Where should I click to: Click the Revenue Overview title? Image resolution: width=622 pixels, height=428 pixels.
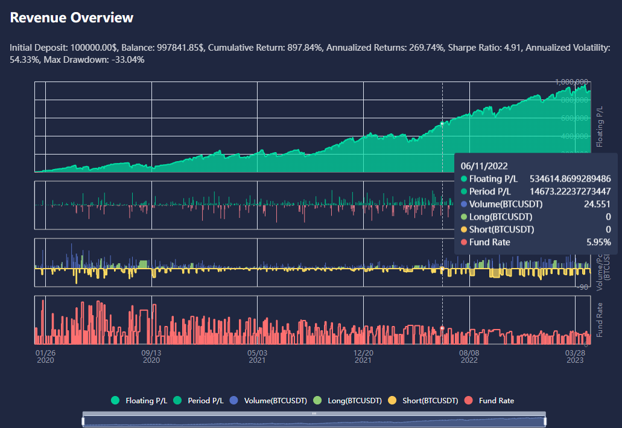(72, 18)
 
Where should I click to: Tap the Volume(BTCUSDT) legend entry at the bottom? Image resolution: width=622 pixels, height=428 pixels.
(270, 400)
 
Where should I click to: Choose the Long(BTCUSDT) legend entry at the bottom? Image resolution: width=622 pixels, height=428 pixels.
(348, 400)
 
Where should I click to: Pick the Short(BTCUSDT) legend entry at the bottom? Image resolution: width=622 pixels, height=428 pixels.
(424, 400)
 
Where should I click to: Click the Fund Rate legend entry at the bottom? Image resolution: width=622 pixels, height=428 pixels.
(490, 400)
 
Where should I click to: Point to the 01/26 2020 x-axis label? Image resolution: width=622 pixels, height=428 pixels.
(45, 356)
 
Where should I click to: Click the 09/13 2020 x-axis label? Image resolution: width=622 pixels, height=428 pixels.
(151, 356)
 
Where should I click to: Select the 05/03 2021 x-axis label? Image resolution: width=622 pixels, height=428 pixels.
(257, 356)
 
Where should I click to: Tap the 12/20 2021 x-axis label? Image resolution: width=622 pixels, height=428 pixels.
(363, 356)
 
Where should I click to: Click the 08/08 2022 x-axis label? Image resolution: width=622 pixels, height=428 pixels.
(469, 356)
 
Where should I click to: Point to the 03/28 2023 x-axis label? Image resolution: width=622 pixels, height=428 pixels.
(575, 356)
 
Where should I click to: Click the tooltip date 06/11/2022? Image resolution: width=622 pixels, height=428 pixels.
(484, 165)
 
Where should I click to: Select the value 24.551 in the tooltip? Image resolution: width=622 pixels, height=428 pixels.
(597, 204)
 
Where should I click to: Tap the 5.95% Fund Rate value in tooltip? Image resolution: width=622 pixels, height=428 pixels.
(598, 242)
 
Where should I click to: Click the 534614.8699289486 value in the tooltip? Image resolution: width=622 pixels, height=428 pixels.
(570, 179)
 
